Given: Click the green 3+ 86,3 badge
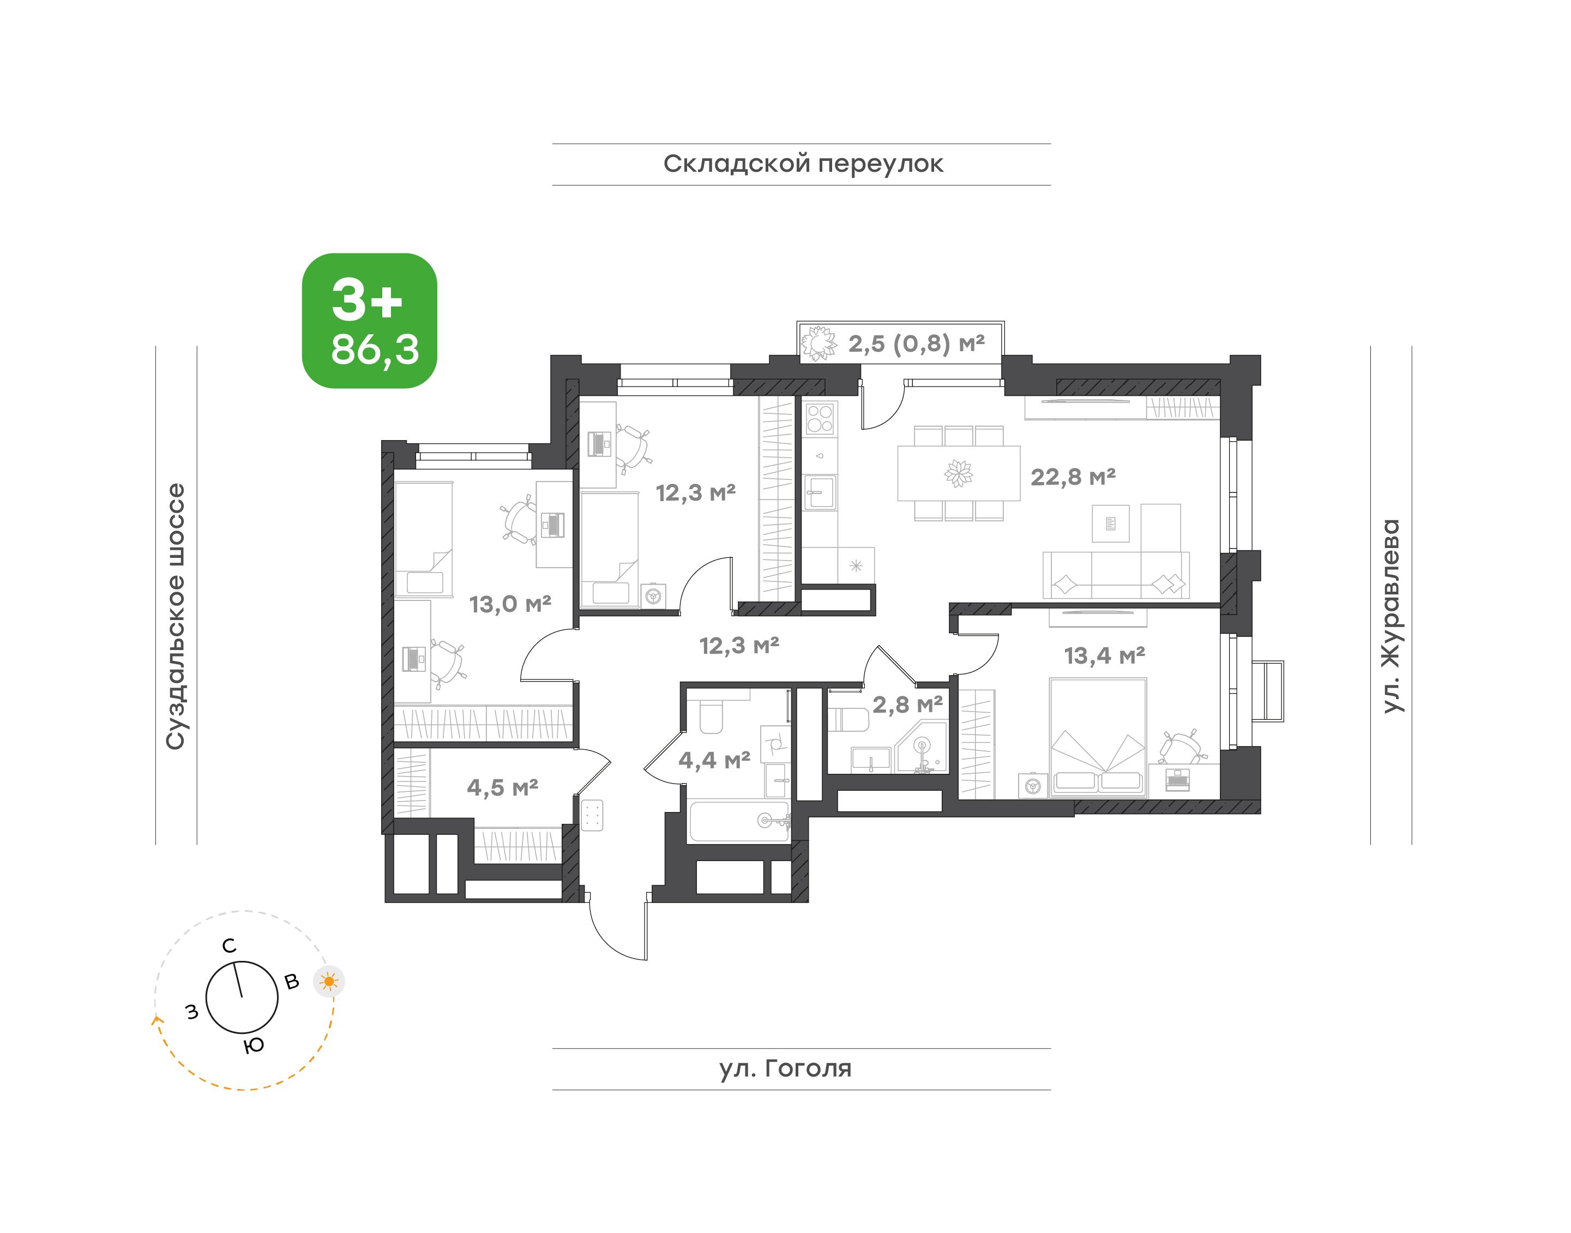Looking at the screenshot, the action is [369, 321].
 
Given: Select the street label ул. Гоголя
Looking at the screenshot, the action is [785, 1068].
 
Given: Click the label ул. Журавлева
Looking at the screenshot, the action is [1390, 616].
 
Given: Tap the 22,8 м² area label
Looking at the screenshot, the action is [1073, 477].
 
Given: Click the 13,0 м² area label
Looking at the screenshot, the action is [510, 604].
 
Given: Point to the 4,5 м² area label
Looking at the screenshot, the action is [502, 787].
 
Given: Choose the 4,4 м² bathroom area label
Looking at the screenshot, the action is [714, 760].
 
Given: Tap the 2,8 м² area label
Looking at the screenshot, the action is [907, 704].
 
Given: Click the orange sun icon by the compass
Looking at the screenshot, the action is [329, 981].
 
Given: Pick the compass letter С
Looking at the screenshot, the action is [229, 946].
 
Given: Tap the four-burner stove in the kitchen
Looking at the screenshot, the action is [820, 419].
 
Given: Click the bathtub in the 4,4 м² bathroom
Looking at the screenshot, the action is [739, 821].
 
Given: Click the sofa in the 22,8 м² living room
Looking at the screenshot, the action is [1116, 575].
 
